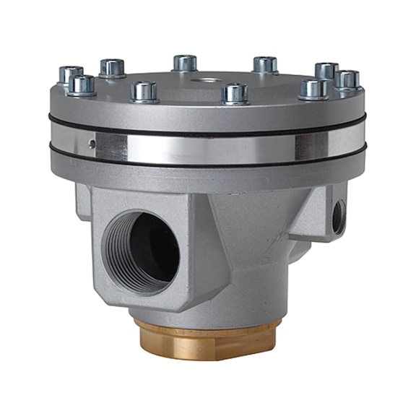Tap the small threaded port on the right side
click(338, 215)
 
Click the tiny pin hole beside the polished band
click(92, 143)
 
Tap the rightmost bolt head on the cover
click(348, 79)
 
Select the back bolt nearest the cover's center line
click(186, 63)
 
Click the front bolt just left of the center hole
click(144, 91)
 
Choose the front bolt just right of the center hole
click(235, 93)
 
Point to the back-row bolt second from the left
click(112, 67)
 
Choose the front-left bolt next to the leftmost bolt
click(82, 85)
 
